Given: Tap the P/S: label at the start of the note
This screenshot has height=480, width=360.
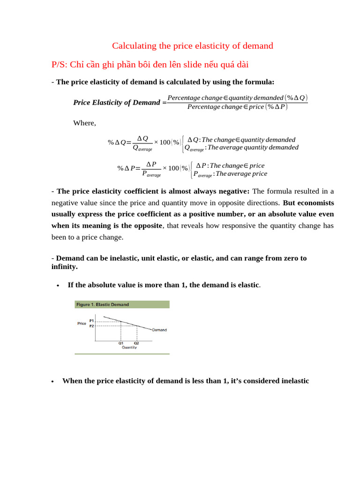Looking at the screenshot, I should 60,64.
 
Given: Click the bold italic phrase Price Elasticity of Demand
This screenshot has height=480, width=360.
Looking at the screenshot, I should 116,103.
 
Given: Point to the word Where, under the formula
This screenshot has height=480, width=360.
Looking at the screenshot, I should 84,123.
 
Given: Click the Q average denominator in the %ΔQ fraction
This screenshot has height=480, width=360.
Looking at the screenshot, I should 142,148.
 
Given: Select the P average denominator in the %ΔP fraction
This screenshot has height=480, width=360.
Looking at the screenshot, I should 151,174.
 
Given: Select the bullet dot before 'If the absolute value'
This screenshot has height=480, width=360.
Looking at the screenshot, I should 57,285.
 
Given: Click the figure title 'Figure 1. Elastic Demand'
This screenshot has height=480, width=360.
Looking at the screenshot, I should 103,305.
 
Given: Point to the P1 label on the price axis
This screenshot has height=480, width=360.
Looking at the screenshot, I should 91,321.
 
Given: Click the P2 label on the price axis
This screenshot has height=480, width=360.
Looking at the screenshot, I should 91,325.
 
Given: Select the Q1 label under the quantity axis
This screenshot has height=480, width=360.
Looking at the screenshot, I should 120,343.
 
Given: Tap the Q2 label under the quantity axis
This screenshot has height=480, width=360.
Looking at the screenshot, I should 136,343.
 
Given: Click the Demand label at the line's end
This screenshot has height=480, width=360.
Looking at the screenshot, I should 159,330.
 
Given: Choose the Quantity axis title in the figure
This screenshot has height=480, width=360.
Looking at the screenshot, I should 129,347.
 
